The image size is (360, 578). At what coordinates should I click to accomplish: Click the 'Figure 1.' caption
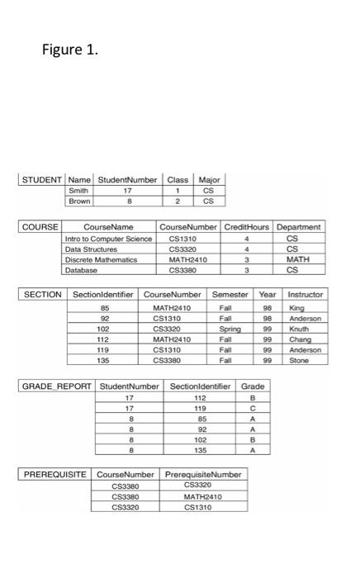click(70, 50)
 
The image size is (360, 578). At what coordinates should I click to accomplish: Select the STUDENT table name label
click(42, 179)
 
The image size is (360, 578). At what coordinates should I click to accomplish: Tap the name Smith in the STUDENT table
click(78, 189)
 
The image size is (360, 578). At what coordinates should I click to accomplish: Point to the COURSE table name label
click(40, 226)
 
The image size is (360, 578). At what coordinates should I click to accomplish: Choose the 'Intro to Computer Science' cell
click(109, 238)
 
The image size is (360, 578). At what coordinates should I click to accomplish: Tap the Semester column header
click(230, 294)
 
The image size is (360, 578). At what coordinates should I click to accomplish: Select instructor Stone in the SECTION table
click(298, 359)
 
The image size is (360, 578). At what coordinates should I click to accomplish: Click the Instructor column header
click(306, 294)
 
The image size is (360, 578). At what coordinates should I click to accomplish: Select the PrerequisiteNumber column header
click(203, 475)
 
